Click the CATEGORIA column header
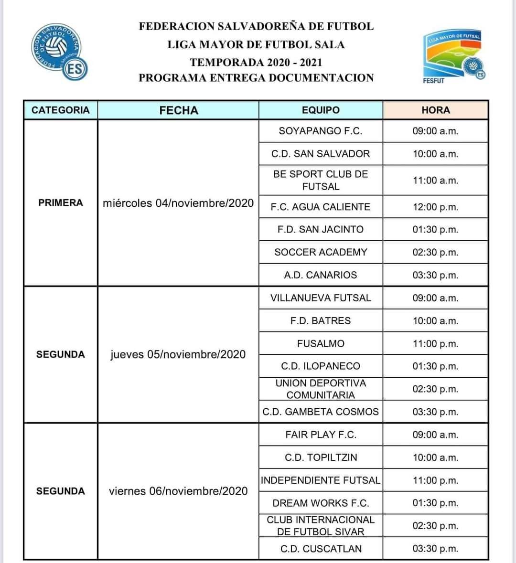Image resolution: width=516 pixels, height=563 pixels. [60, 110]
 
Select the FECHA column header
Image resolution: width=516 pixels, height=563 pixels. [178, 110]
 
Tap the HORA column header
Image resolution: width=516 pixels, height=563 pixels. [435, 110]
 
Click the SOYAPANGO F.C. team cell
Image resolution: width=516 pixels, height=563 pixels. [321, 131]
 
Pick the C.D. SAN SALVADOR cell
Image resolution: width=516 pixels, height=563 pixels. [321, 154]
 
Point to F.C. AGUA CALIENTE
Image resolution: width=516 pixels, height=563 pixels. [321, 207]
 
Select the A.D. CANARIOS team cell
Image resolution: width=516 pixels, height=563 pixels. [321, 275]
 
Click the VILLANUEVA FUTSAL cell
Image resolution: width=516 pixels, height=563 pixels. [321, 298]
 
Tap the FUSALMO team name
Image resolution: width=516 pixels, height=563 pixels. [321, 343]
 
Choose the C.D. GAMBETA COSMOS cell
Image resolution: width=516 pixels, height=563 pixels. [321, 412]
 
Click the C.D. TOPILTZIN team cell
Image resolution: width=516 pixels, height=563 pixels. [321, 457]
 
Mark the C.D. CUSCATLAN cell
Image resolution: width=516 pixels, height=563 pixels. [321, 549]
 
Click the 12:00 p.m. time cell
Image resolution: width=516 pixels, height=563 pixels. [435, 207]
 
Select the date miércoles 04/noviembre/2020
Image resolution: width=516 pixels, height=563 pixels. [178, 203]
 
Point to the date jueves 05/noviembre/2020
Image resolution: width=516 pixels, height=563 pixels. [178, 354]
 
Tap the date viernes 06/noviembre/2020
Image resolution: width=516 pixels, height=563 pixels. [178, 491]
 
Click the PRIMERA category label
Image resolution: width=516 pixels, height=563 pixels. [60, 203]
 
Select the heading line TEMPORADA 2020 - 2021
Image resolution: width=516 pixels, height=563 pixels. [256, 62]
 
